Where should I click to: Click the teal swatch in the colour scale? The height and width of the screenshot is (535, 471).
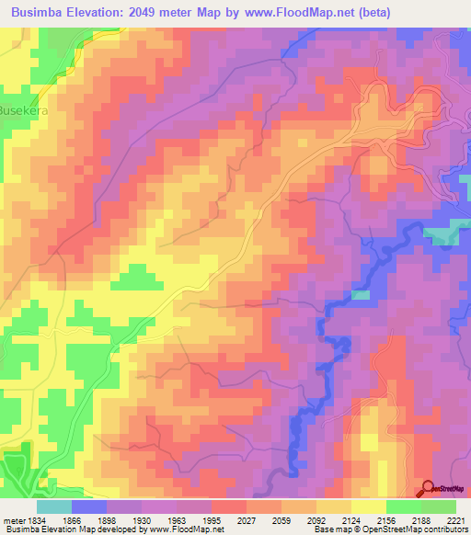(x=54, y=507)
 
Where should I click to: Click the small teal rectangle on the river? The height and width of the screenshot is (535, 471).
(x=362, y=294)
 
